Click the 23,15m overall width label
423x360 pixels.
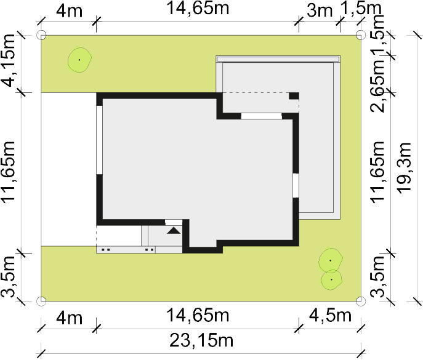(x=201, y=340)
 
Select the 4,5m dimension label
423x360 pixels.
(x=330, y=315)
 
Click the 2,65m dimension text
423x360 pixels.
(x=377, y=86)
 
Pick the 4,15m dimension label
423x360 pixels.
(x=8, y=61)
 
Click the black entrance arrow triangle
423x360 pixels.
(x=174, y=231)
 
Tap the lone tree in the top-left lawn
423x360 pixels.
(x=79, y=60)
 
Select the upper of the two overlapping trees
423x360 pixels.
(x=331, y=260)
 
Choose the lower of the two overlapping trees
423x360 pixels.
(x=331, y=280)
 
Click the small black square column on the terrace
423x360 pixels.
(x=294, y=96)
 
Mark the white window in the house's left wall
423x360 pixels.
(x=100, y=140)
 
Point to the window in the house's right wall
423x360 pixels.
(x=296, y=185)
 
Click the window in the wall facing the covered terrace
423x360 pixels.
(x=262, y=116)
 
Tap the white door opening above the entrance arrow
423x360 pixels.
(x=174, y=223)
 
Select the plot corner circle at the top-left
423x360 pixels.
(x=41, y=35)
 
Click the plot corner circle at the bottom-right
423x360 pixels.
(x=361, y=301)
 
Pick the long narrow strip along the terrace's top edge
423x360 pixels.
(x=278, y=59)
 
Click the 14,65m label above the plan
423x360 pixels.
(x=198, y=8)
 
